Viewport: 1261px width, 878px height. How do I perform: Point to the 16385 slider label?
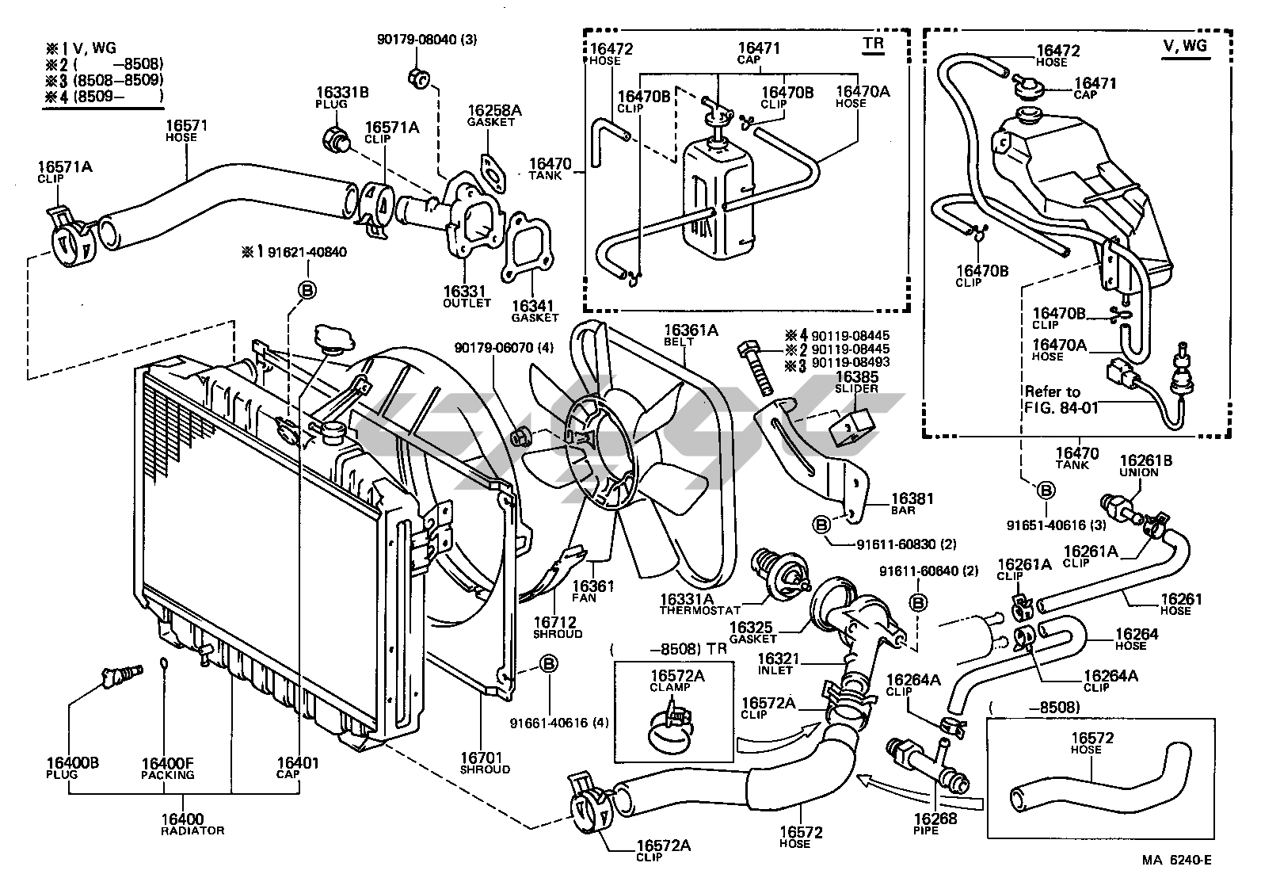tap(857, 378)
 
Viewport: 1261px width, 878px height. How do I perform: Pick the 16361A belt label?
tap(691, 330)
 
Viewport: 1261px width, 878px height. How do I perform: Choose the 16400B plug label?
tap(72, 763)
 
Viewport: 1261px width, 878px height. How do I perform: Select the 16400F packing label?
tap(168, 763)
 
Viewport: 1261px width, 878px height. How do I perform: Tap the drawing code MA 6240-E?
tap(1176, 861)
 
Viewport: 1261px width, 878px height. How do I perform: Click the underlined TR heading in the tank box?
tap(873, 44)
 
